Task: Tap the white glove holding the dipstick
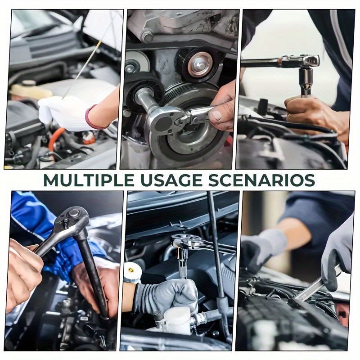coord(67,112)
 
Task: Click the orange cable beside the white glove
coord(55,137)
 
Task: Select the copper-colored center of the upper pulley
coord(200,64)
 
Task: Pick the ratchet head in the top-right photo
coord(306,60)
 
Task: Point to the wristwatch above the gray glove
coord(132,272)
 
